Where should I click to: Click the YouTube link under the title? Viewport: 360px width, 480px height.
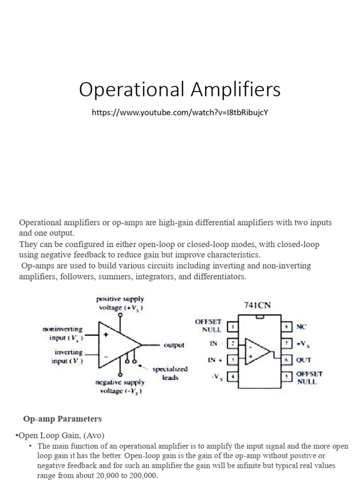coord(180,113)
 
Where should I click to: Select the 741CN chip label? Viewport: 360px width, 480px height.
coord(257,305)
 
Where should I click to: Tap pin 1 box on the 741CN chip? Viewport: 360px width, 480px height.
coord(231,326)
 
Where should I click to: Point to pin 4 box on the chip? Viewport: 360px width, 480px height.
coord(231,376)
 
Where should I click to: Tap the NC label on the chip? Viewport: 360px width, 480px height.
coord(302,326)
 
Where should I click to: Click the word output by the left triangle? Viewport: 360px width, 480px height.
coord(173,345)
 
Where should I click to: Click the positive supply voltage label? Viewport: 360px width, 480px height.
coord(120,303)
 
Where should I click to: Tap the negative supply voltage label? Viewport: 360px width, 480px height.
coord(120,387)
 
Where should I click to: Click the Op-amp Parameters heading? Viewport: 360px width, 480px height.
coord(62,419)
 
